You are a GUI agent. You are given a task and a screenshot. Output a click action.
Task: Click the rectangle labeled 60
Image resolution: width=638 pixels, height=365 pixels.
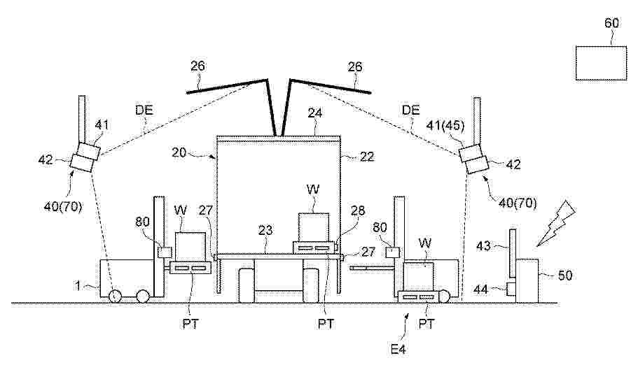point(601,63)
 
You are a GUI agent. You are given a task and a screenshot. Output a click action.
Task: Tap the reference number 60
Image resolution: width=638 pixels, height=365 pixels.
point(611,23)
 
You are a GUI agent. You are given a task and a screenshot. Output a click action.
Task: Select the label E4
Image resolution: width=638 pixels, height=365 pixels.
point(398,349)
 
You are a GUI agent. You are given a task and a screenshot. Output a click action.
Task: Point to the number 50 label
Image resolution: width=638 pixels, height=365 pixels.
point(564,275)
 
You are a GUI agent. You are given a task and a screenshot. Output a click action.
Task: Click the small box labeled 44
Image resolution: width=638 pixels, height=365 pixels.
point(511,289)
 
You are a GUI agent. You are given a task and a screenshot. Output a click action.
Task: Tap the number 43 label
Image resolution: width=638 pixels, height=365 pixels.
point(483,246)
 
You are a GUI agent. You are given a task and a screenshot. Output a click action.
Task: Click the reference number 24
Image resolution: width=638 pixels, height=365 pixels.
point(315,113)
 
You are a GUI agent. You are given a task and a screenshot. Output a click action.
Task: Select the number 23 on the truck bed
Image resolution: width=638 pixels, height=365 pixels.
point(265,231)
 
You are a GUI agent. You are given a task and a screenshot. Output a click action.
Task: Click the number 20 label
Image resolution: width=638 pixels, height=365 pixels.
point(179,153)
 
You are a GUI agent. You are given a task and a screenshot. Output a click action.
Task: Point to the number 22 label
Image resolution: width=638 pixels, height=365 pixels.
point(367,157)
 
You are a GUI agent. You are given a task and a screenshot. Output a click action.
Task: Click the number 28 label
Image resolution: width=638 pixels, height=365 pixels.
point(358,210)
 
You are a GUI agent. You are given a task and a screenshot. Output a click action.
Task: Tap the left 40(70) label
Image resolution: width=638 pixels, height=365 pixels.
point(63,207)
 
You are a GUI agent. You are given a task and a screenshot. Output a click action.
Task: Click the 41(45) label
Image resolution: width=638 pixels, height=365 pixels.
point(445,125)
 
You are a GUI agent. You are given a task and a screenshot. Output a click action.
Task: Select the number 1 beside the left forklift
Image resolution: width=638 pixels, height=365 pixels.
point(78,285)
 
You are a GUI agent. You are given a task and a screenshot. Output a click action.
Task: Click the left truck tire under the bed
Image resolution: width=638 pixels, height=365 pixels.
point(247,285)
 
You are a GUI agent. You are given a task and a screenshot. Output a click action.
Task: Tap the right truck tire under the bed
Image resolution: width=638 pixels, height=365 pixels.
point(310,285)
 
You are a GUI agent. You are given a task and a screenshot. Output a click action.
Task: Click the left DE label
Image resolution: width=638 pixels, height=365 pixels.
point(144,110)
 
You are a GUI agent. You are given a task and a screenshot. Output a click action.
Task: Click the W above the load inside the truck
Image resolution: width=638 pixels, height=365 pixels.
point(313,189)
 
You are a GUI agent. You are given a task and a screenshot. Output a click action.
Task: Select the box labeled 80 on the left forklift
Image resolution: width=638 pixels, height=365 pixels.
point(165,252)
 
